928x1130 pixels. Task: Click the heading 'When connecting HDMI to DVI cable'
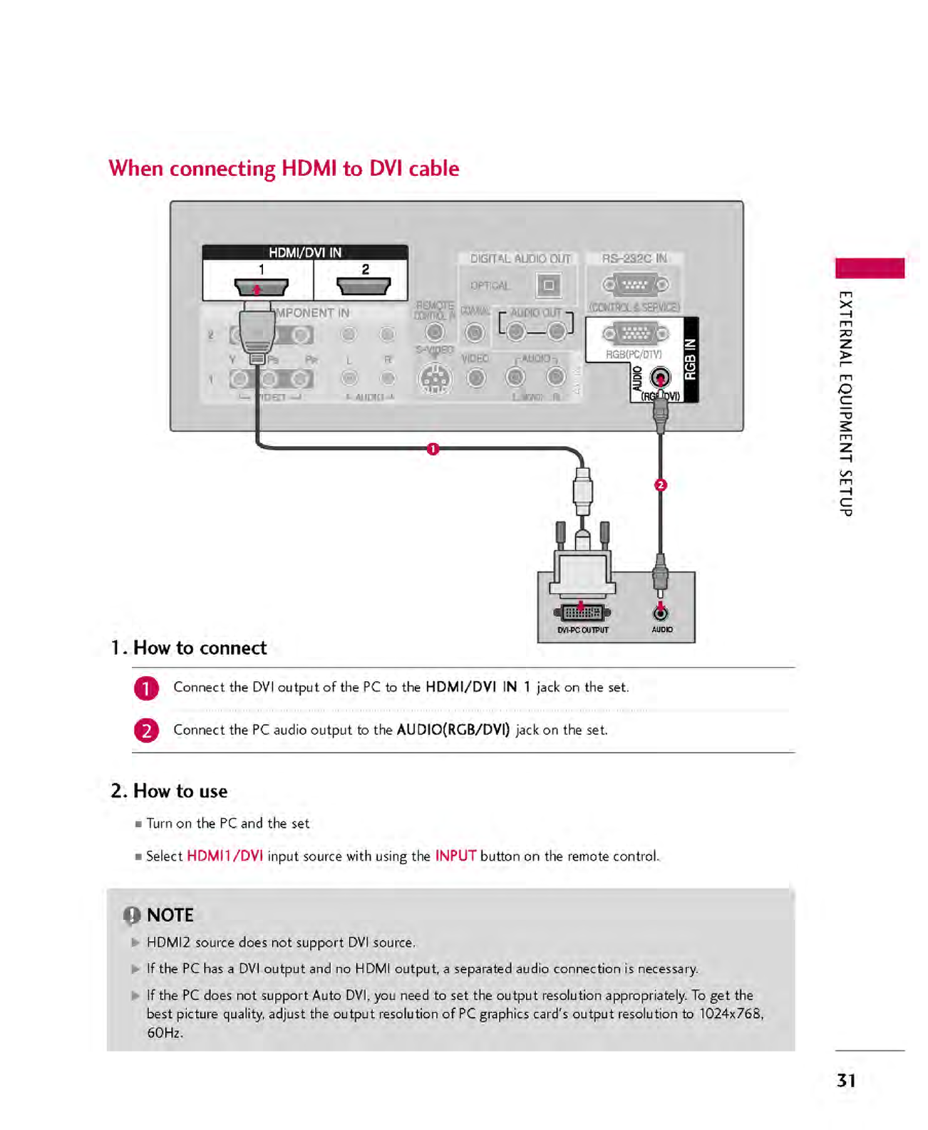click(284, 169)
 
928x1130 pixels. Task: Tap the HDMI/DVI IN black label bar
click(305, 252)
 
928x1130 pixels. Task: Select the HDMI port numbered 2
click(364, 286)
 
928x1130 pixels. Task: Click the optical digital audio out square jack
click(547, 286)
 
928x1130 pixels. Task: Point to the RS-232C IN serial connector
click(635, 285)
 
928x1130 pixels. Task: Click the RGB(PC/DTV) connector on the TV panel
click(635, 333)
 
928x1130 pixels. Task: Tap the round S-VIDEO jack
click(434, 378)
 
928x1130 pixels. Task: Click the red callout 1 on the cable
click(433, 449)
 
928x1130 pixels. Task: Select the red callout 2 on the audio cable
click(661, 485)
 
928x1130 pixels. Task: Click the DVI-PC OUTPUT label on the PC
click(583, 630)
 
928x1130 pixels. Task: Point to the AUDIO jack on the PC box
click(661, 613)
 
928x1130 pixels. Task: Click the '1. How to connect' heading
click(189, 648)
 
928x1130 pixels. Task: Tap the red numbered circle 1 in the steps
click(146, 688)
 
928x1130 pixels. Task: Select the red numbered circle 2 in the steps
click(146, 731)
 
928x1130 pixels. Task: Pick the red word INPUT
click(455, 856)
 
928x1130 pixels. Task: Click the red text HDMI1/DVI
click(225, 856)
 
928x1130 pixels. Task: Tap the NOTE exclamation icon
click(132, 916)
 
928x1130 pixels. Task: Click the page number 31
click(846, 1081)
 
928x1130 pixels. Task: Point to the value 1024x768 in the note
click(731, 1014)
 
